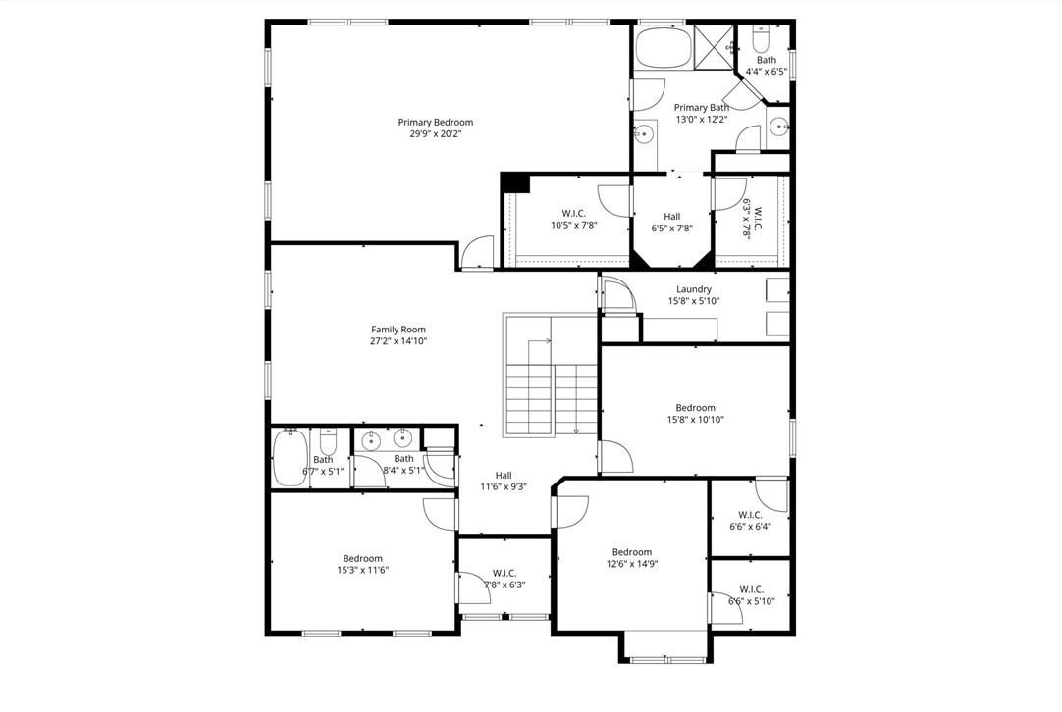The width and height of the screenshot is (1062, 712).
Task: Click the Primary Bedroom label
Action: (x=436, y=123)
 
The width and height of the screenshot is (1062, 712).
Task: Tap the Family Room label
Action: (x=398, y=330)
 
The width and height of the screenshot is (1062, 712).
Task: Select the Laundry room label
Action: (x=694, y=289)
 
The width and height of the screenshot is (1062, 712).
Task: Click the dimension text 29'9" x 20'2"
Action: (x=436, y=134)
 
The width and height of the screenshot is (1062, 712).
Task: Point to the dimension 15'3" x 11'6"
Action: (x=363, y=570)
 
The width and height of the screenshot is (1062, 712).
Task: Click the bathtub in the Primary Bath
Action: (x=664, y=47)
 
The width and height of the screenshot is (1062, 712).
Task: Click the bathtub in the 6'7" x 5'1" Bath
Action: (x=290, y=457)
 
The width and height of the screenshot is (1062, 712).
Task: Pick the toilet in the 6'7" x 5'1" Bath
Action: (x=328, y=442)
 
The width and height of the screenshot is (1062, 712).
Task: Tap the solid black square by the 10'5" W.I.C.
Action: (x=514, y=183)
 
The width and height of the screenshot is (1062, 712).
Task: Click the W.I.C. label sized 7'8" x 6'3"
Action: (x=504, y=574)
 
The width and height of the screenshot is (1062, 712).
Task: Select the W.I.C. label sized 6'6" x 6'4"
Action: (x=751, y=514)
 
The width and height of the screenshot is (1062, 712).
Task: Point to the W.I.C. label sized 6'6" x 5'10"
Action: (x=752, y=589)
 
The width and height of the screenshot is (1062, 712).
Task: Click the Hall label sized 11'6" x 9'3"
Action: (x=504, y=475)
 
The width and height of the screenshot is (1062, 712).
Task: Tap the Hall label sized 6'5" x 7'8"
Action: (x=672, y=217)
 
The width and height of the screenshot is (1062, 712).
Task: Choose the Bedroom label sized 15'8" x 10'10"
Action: (x=696, y=408)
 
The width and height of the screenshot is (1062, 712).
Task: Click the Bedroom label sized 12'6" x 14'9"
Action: (x=632, y=552)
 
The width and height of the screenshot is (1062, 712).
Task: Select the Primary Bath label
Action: (x=702, y=108)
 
